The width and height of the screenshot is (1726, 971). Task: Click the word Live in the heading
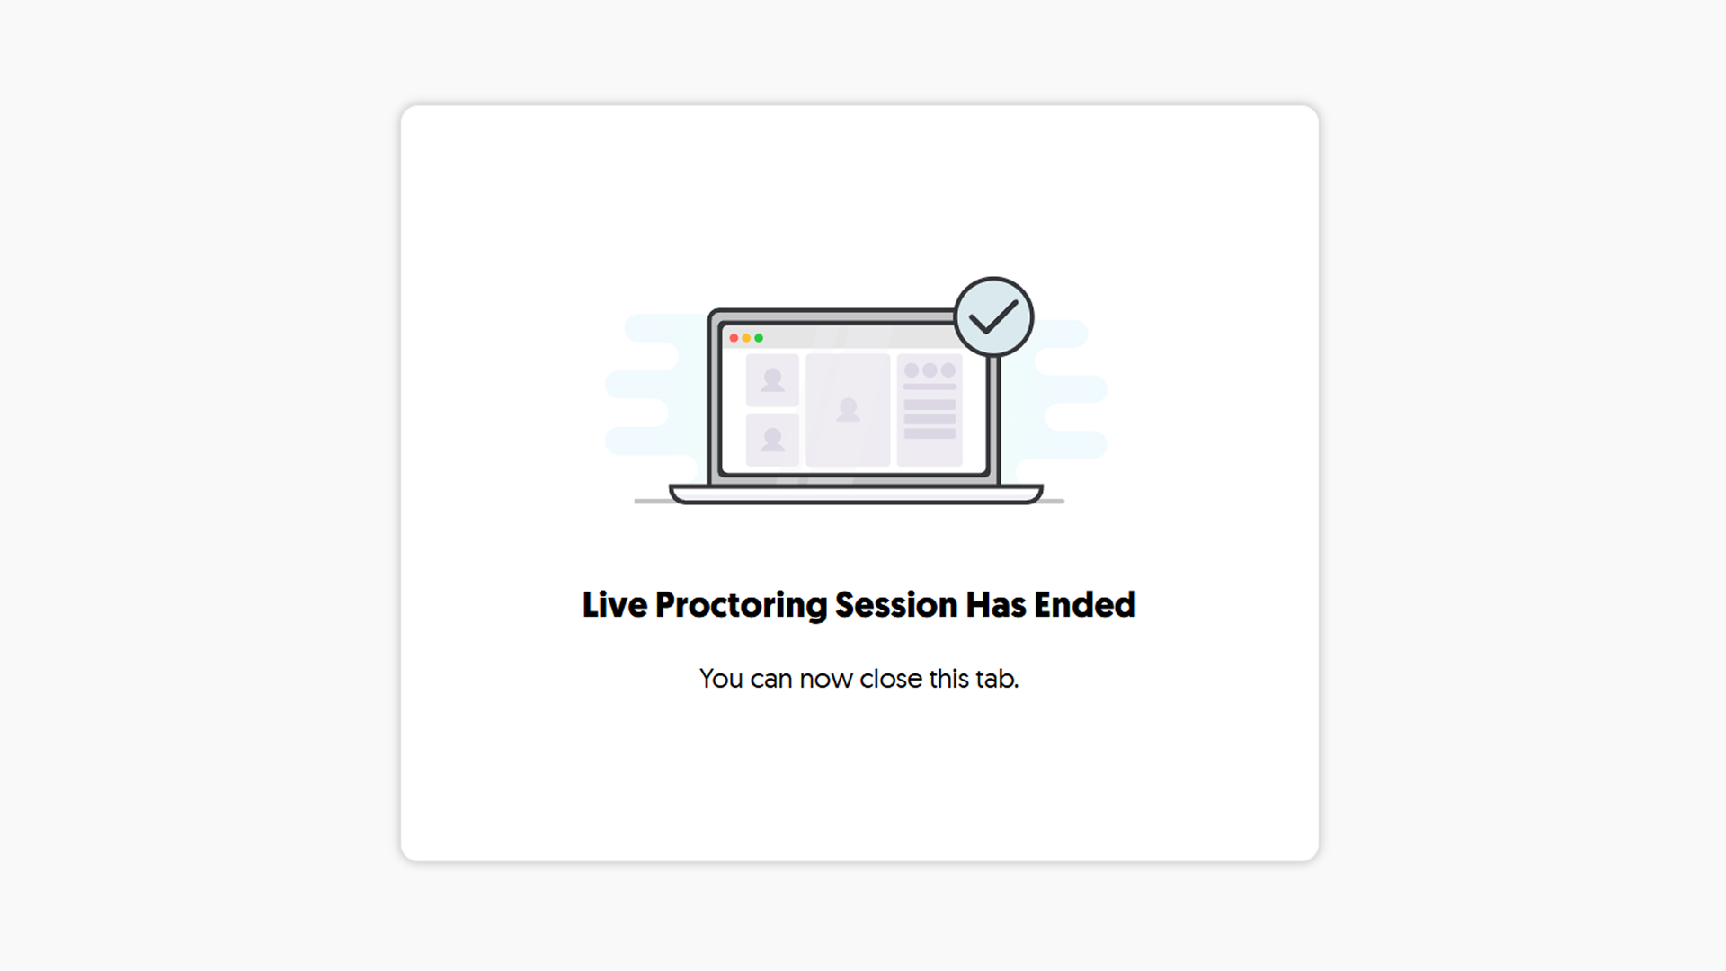click(615, 605)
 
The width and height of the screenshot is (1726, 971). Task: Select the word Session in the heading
click(896, 605)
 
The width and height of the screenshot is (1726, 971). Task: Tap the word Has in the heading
click(996, 605)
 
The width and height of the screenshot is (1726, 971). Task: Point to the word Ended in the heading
click(1085, 605)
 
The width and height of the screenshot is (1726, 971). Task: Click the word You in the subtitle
click(721, 679)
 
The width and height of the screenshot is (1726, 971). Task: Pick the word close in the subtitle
click(891, 679)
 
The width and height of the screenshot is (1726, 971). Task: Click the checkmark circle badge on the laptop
click(993, 316)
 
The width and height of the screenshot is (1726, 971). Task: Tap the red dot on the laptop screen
click(734, 338)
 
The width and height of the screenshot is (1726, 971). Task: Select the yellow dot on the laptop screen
click(746, 338)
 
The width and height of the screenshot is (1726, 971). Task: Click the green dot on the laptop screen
click(759, 338)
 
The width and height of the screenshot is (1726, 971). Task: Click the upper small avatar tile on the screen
click(772, 380)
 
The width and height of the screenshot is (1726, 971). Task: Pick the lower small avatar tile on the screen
click(772, 440)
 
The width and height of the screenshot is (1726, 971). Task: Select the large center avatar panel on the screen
click(848, 410)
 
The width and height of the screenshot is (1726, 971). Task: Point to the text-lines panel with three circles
click(930, 410)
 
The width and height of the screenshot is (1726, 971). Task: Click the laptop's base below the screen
click(856, 494)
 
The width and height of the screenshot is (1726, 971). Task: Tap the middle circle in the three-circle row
click(930, 370)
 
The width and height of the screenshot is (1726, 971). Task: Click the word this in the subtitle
click(948, 679)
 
